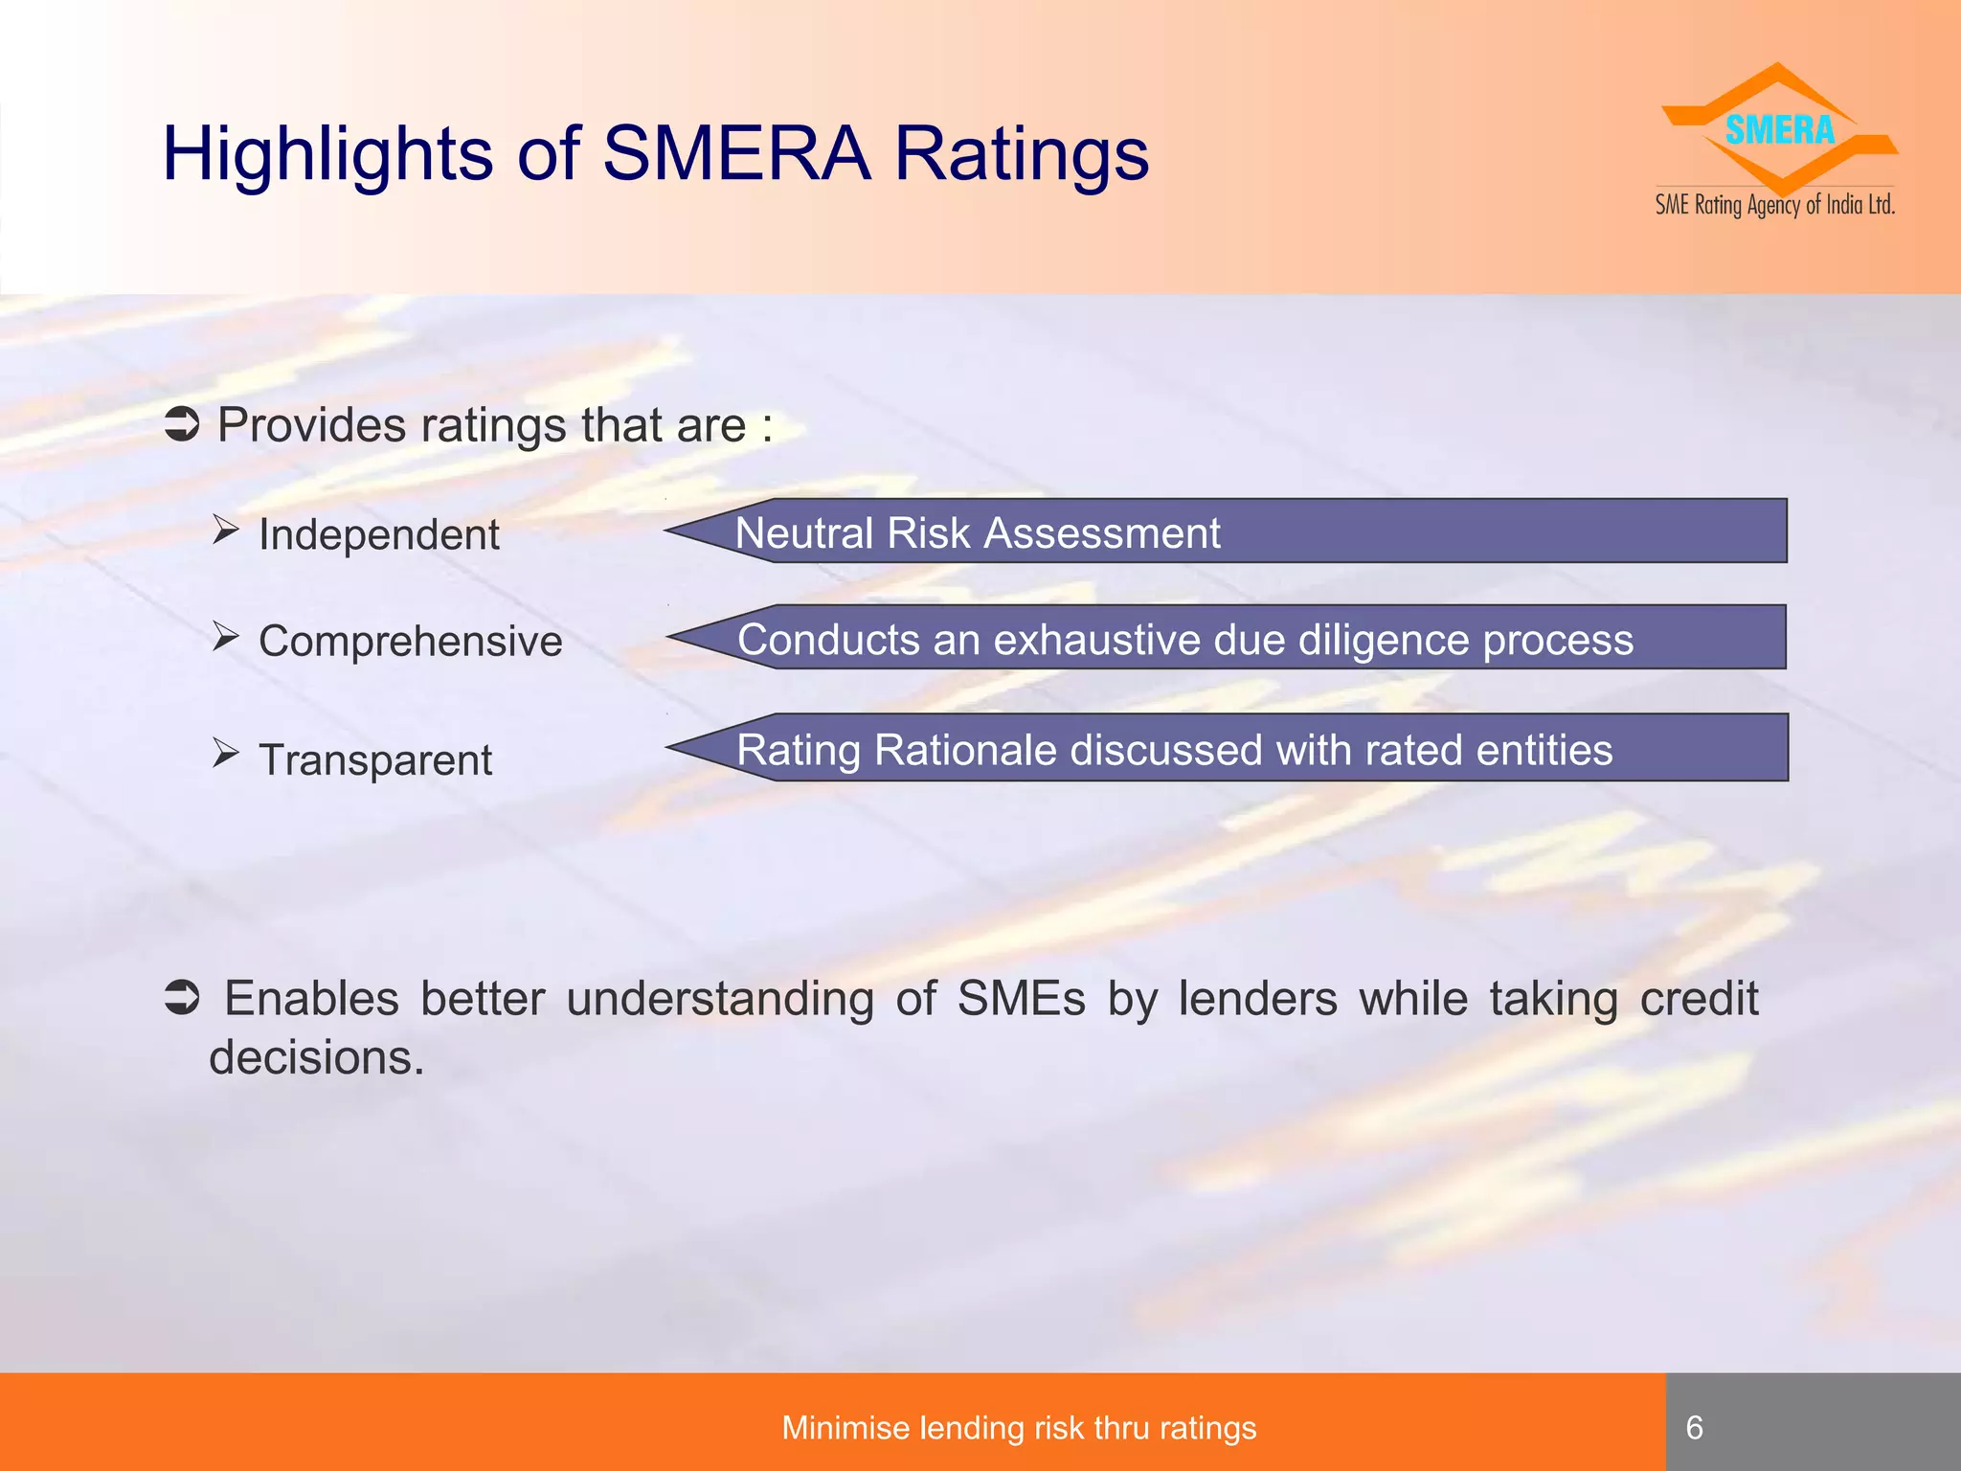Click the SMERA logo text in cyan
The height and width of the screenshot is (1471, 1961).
click(1779, 130)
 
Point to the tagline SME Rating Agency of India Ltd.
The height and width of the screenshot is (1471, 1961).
click(1775, 205)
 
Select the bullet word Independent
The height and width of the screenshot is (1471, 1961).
click(379, 534)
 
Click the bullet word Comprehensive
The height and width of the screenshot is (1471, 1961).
click(411, 641)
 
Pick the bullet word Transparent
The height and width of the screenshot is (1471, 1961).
click(375, 760)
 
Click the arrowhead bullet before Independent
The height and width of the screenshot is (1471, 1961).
click(225, 529)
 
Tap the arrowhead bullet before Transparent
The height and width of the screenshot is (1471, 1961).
click(225, 754)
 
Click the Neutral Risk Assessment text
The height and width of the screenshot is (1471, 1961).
click(978, 532)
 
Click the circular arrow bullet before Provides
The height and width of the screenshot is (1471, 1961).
click(182, 424)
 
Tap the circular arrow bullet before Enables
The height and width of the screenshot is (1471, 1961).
click(182, 998)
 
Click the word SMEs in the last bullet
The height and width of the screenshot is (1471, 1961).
click(1021, 998)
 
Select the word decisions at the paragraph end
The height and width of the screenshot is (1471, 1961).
click(316, 1058)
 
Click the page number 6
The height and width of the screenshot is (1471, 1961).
click(1694, 1428)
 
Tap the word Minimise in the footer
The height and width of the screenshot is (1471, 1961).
click(844, 1428)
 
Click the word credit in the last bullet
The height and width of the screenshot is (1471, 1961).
click(1699, 998)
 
